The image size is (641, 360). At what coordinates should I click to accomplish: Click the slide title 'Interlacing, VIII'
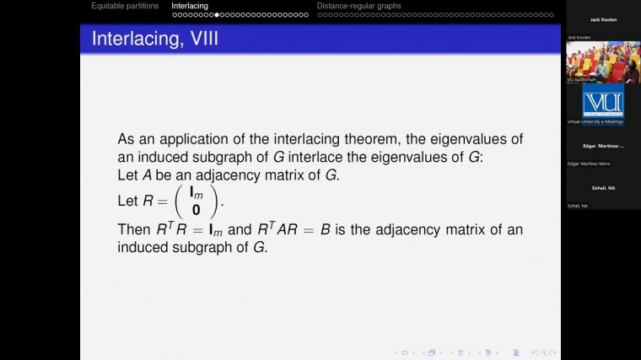155,39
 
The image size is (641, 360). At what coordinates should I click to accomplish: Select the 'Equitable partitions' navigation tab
125,6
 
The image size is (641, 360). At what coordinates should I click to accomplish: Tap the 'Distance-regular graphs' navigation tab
358,6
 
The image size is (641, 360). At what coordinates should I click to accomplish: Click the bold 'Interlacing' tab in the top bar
190,6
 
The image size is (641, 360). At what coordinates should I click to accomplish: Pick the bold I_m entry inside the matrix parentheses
196,193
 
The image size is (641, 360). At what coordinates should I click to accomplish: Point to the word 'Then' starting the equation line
133,230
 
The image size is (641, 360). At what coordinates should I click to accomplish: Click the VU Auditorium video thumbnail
603,62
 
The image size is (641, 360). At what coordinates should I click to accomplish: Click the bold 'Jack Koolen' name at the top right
603,19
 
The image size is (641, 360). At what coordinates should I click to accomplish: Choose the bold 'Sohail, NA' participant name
603,188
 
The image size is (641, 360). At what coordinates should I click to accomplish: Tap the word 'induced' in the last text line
145,248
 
